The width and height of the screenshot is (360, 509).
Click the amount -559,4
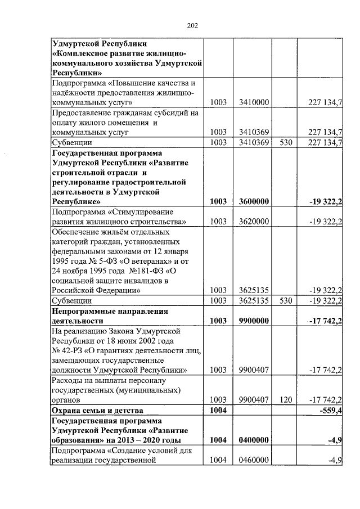tap(330, 411)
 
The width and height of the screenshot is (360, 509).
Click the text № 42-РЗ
tap(66, 350)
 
